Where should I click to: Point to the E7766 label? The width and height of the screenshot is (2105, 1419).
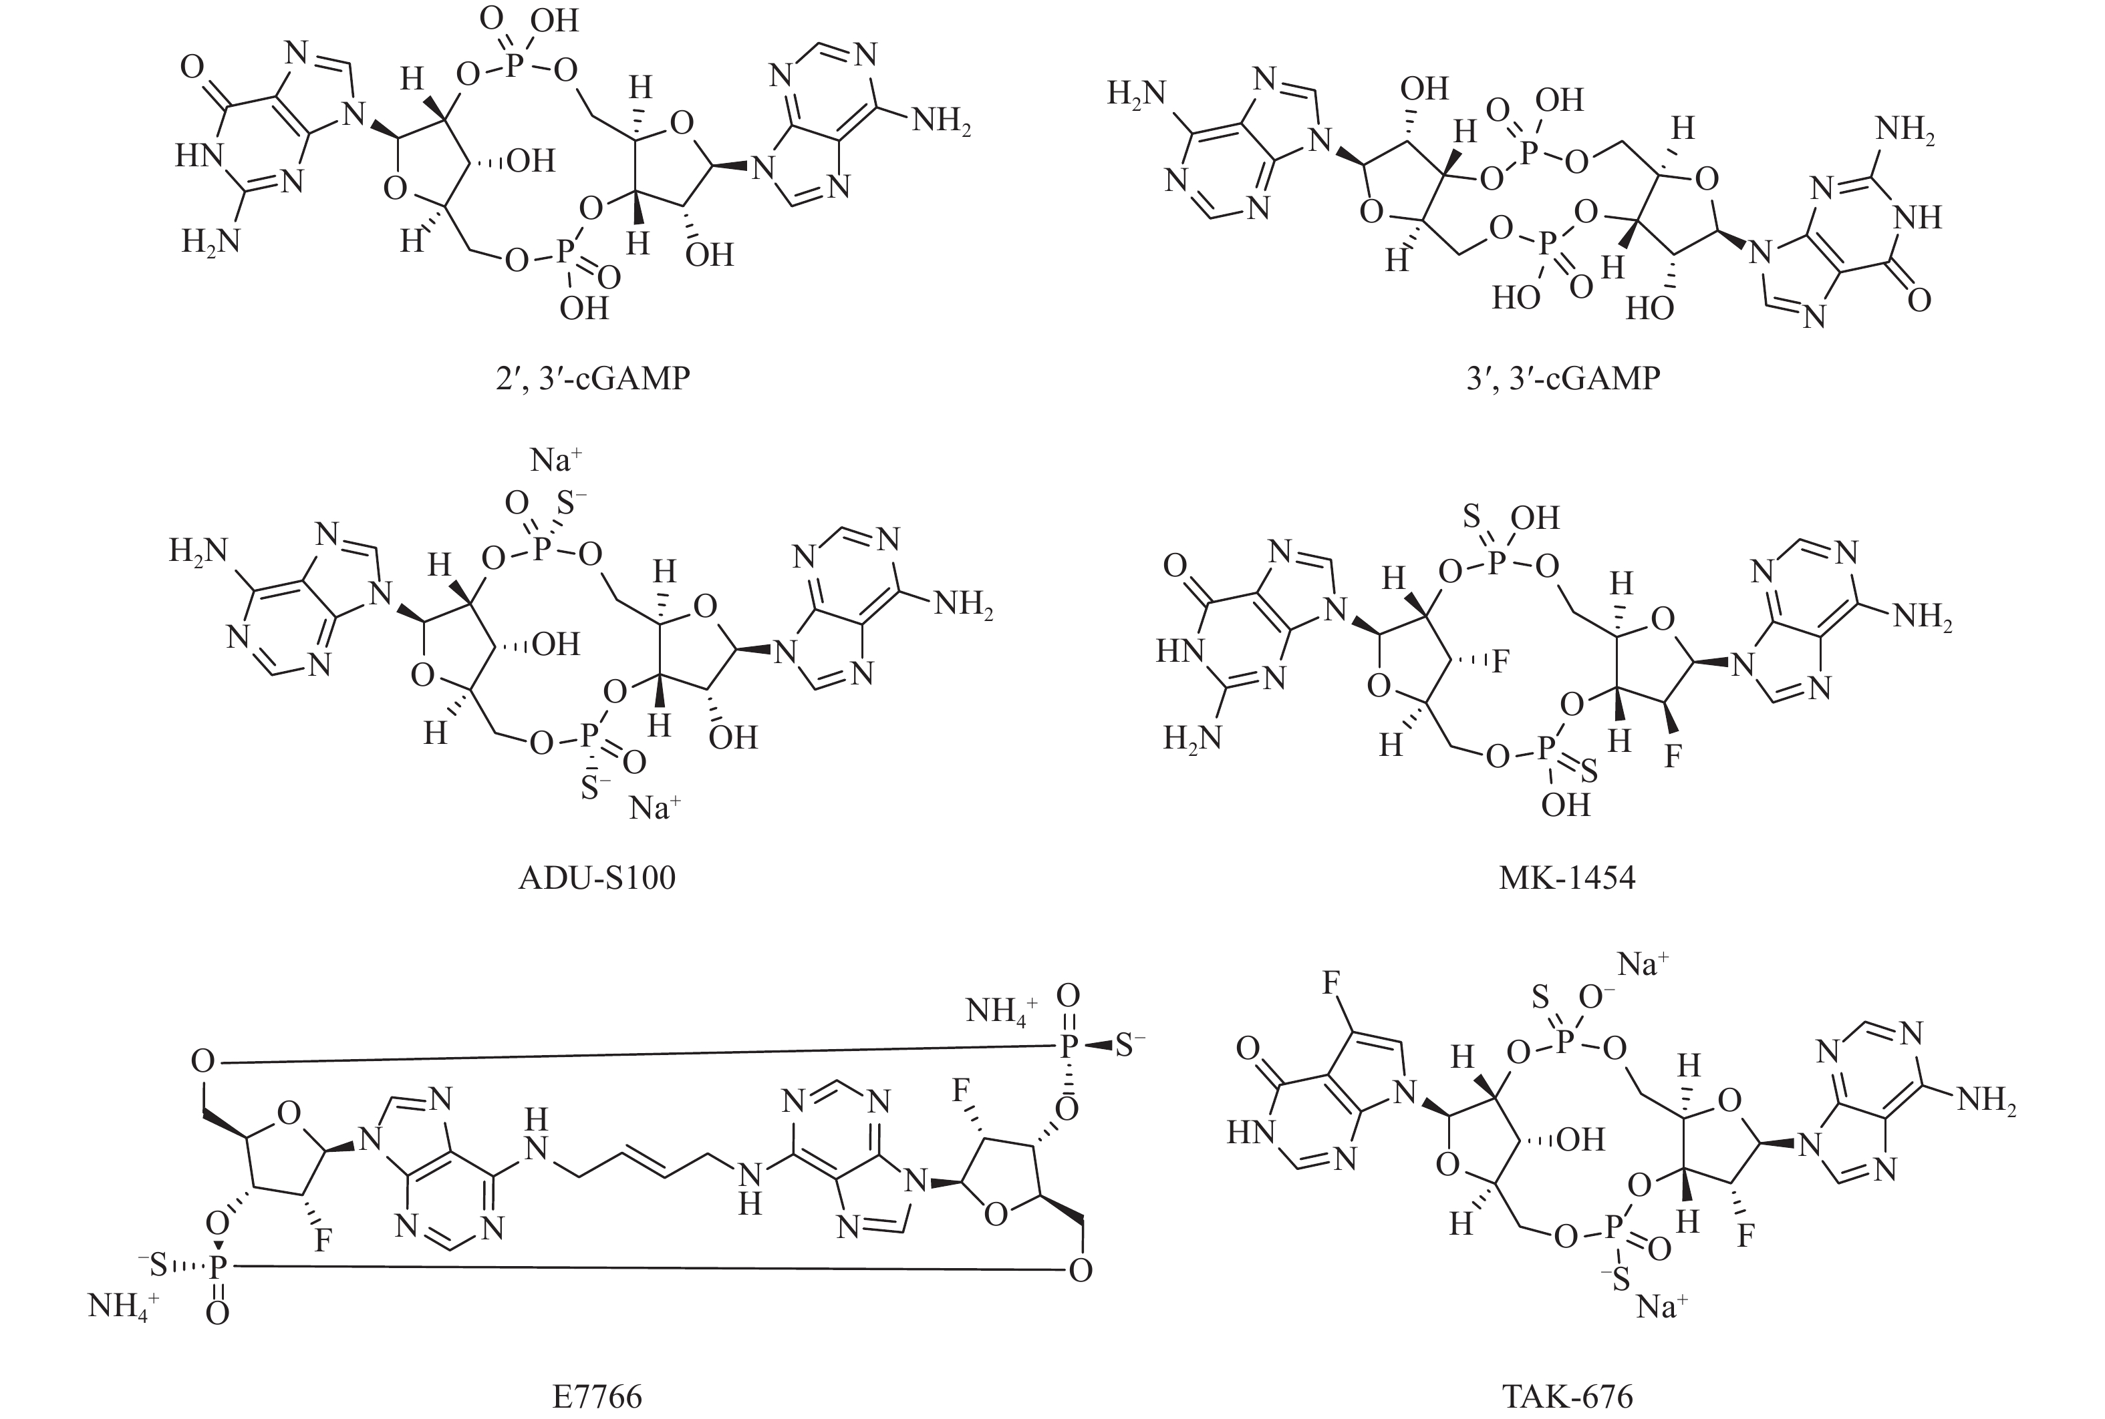(597, 1396)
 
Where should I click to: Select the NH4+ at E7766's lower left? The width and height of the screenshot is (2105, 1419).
(123, 1306)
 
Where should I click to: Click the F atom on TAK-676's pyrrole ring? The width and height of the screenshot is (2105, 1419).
(1331, 984)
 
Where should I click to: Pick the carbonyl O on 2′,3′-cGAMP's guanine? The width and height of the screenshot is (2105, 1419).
(191, 67)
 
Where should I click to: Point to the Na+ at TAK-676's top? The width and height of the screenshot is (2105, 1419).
(1643, 965)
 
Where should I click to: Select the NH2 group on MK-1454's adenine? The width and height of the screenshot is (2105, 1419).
(1922, 617)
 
